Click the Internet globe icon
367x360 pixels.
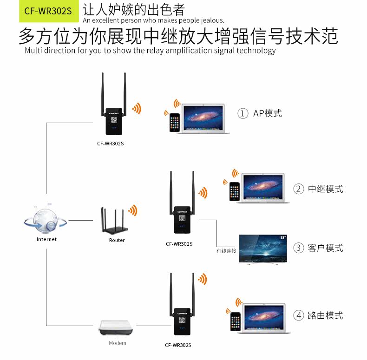tap(46, 220)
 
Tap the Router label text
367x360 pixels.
tap(117, 240)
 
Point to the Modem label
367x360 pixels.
tap(117, 343)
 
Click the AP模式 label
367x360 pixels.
tap(268, 113)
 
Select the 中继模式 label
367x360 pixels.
tap(325, 189)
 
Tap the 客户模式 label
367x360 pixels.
tap(325, 248)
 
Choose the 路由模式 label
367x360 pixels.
tap(325, 316)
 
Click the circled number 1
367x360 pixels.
tap(242, 114)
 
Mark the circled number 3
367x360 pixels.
tap(298, 248)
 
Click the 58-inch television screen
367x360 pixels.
tap(263, 249)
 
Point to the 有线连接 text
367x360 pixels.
tap(226, 251)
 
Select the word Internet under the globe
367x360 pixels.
tap(46, 239)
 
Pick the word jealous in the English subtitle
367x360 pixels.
tap(211, 20)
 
